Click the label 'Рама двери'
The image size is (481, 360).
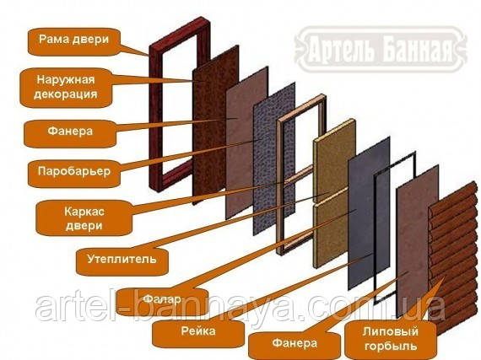click(73, 40)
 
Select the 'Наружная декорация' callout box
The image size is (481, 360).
click(66, 87)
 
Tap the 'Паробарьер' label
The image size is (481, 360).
click(73, 171)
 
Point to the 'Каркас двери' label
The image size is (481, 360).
click(84, 218)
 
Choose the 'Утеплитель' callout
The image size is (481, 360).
click(122, 259)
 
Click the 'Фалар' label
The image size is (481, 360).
click(162, 299)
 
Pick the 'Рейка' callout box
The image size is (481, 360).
click(198, 330)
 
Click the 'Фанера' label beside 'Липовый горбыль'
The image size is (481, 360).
click(295, 343)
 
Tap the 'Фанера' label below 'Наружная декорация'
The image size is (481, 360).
click(70, 132)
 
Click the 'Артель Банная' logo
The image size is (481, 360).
click(381, 49)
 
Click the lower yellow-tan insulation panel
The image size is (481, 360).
click(332, 230)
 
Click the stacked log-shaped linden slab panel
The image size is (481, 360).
click(454, 257)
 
